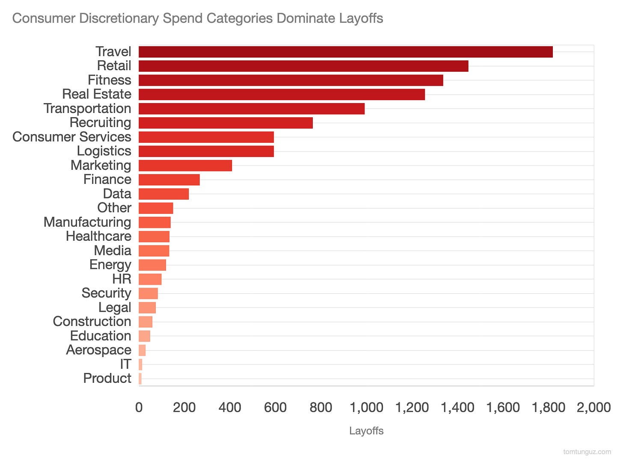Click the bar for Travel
(x=345, y=52)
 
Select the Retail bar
(x=303, y=66)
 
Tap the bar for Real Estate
(x=282, y=95)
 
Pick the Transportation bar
(x=252, y=109)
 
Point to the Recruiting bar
(x=225, y=123)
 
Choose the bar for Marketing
(x=185, y=166)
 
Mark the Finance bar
(x=169, y=180)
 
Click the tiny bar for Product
(x=140, y=378)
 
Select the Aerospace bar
(x=142, y=350)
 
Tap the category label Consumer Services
(x=72, y=137)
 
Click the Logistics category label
(x=104, y=151)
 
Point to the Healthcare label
(x=98, y=236)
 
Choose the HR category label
(x=122, y=279)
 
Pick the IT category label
(x=125, y=364)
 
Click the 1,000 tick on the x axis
(x=366, y=407)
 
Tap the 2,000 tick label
(x=593, y=407)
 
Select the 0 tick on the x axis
(x=139, y=407)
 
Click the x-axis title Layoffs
(x=366, y=431)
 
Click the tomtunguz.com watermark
(x=587, y=452)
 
